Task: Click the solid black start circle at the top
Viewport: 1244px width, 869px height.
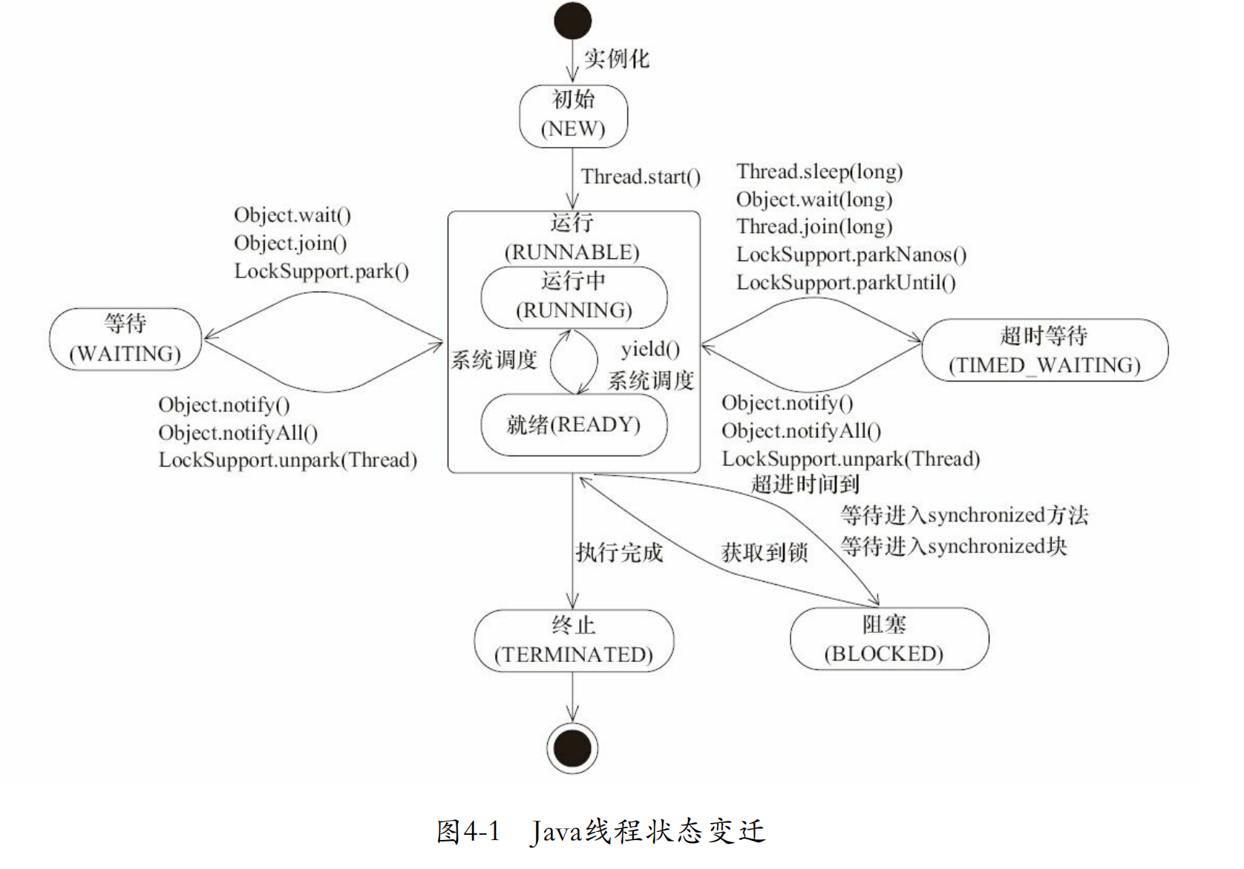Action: (x=572, y=21)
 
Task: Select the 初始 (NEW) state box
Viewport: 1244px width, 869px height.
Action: (x=573, y=116)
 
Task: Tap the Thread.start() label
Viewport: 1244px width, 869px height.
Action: (x=641, y=177)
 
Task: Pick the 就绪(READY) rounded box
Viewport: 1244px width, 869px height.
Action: (x=574, y=425)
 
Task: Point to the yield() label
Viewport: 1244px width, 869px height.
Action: (x=650, y=350)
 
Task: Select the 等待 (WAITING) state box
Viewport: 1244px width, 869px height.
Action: (x=125, y=339)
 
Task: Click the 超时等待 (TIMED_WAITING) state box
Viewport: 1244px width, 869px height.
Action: (x=1044, y=350)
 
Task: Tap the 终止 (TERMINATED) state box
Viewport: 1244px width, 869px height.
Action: (x=574, y=640)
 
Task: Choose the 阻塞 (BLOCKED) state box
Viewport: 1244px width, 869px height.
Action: (x=888, y=639)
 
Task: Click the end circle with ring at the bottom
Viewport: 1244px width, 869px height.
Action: (x=572, y=748)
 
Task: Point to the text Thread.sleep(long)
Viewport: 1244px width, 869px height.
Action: (x=819, y=172)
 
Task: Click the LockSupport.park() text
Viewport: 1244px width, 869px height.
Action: (x=321, y=272)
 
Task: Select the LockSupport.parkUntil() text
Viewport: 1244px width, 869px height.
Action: (x=845, y=283)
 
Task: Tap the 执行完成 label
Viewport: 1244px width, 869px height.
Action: (x=619, y=553)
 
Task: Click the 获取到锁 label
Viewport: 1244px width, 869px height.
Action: (x=765, y=553)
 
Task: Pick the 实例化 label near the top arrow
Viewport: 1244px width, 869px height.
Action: (x=616, y=59)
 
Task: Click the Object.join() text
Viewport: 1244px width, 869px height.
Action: (x=290, y=243)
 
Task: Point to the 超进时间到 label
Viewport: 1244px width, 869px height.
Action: (x=805, y=485)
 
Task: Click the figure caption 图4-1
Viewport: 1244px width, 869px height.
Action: (x=468, y=832)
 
